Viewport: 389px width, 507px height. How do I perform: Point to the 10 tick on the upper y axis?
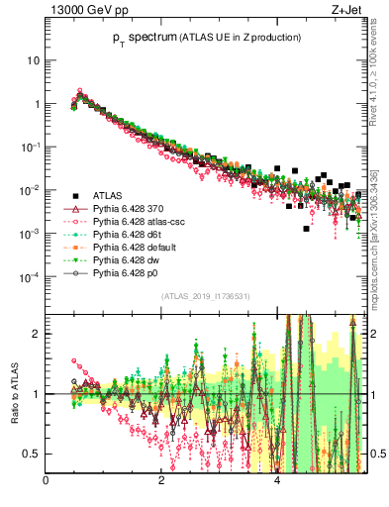pos(33,59)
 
